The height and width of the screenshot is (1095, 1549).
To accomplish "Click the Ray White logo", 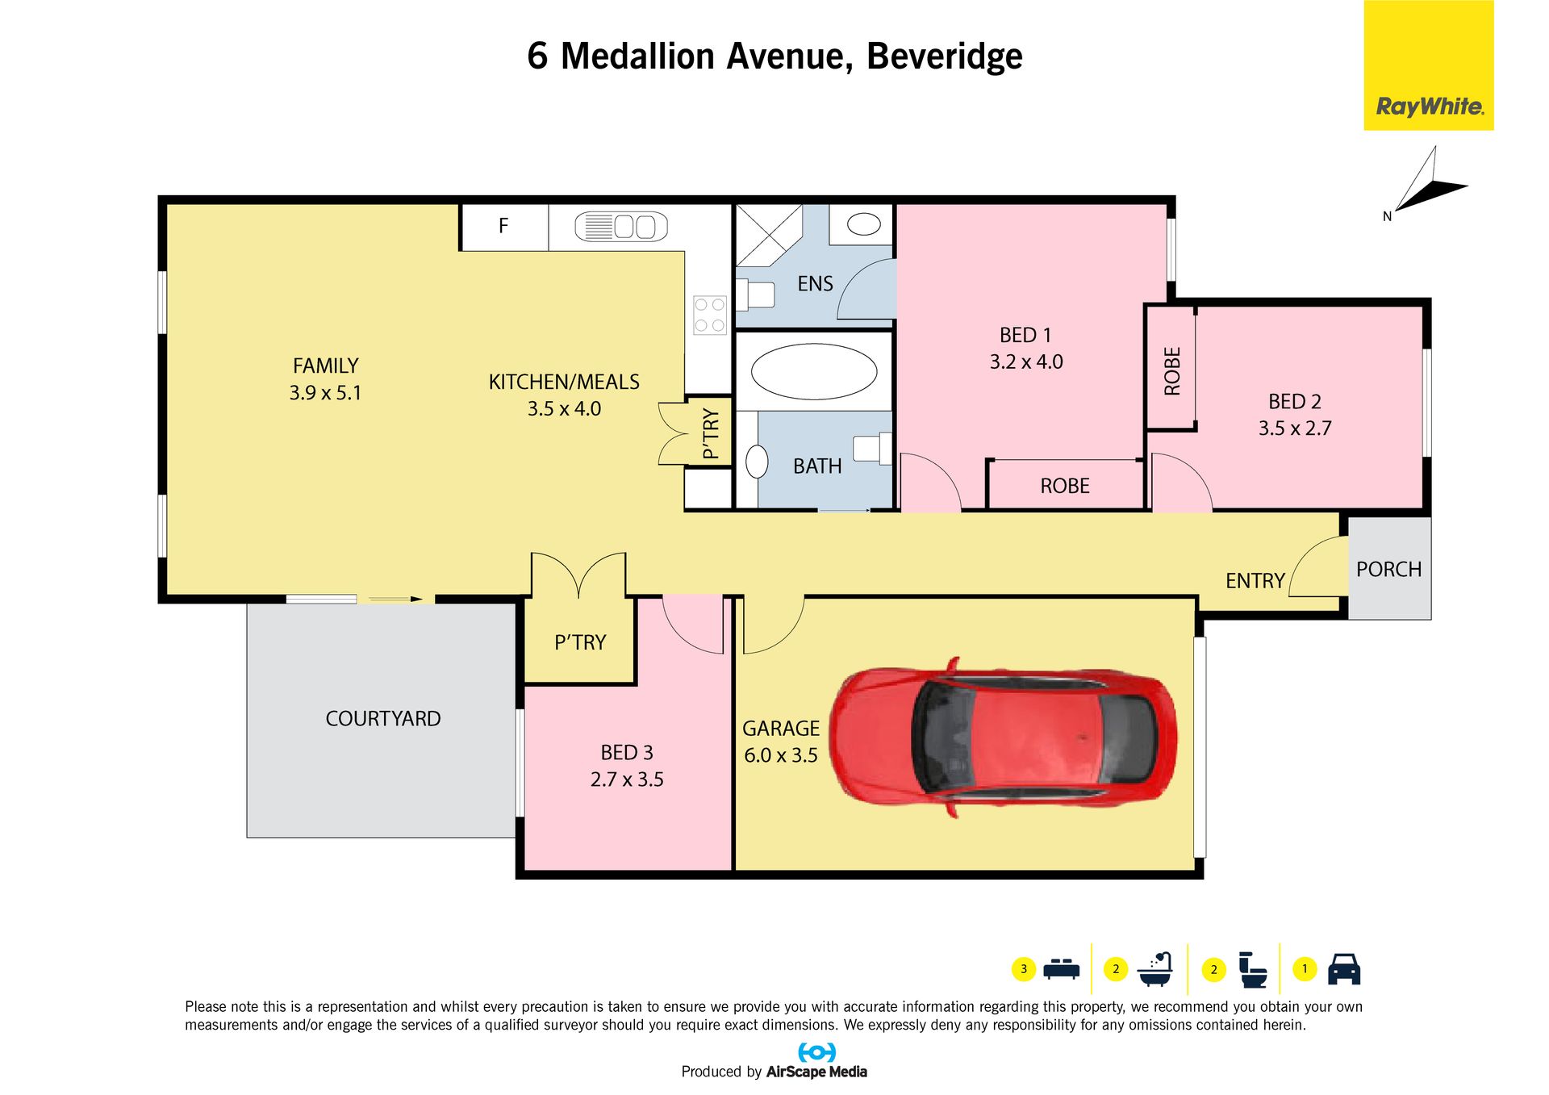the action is (1429, 65).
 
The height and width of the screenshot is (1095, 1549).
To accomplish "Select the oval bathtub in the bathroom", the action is (813, 372).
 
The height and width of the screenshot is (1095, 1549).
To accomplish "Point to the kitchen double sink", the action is (621, 227).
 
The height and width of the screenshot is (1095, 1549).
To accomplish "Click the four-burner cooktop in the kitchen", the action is (710, 316).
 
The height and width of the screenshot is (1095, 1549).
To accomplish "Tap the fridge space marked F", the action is (503, 226).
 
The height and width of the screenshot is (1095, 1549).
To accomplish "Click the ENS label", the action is (815, 284).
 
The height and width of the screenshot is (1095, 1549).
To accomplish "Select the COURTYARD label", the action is (383, 719).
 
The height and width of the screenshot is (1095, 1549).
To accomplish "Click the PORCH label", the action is (1389, 570).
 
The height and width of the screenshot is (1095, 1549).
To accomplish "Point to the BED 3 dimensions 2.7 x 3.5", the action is (627, 779).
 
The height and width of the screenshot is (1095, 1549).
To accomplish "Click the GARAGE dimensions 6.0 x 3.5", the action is (781, 756).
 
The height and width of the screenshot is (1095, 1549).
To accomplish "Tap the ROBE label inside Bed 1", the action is (1065, 486).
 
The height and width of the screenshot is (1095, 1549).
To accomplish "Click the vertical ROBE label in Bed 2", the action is (1172, 371).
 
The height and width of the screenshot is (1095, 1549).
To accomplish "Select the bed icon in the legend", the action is (1061, 968).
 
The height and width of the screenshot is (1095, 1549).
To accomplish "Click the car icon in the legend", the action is (1344, 969).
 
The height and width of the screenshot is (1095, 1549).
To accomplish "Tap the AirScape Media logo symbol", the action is (816, 1052).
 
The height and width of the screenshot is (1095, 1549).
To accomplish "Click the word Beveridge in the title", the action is (945, 56).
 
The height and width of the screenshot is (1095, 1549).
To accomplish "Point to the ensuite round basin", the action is (863, 224).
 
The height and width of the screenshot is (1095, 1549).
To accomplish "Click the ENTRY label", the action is (1255, 581).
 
